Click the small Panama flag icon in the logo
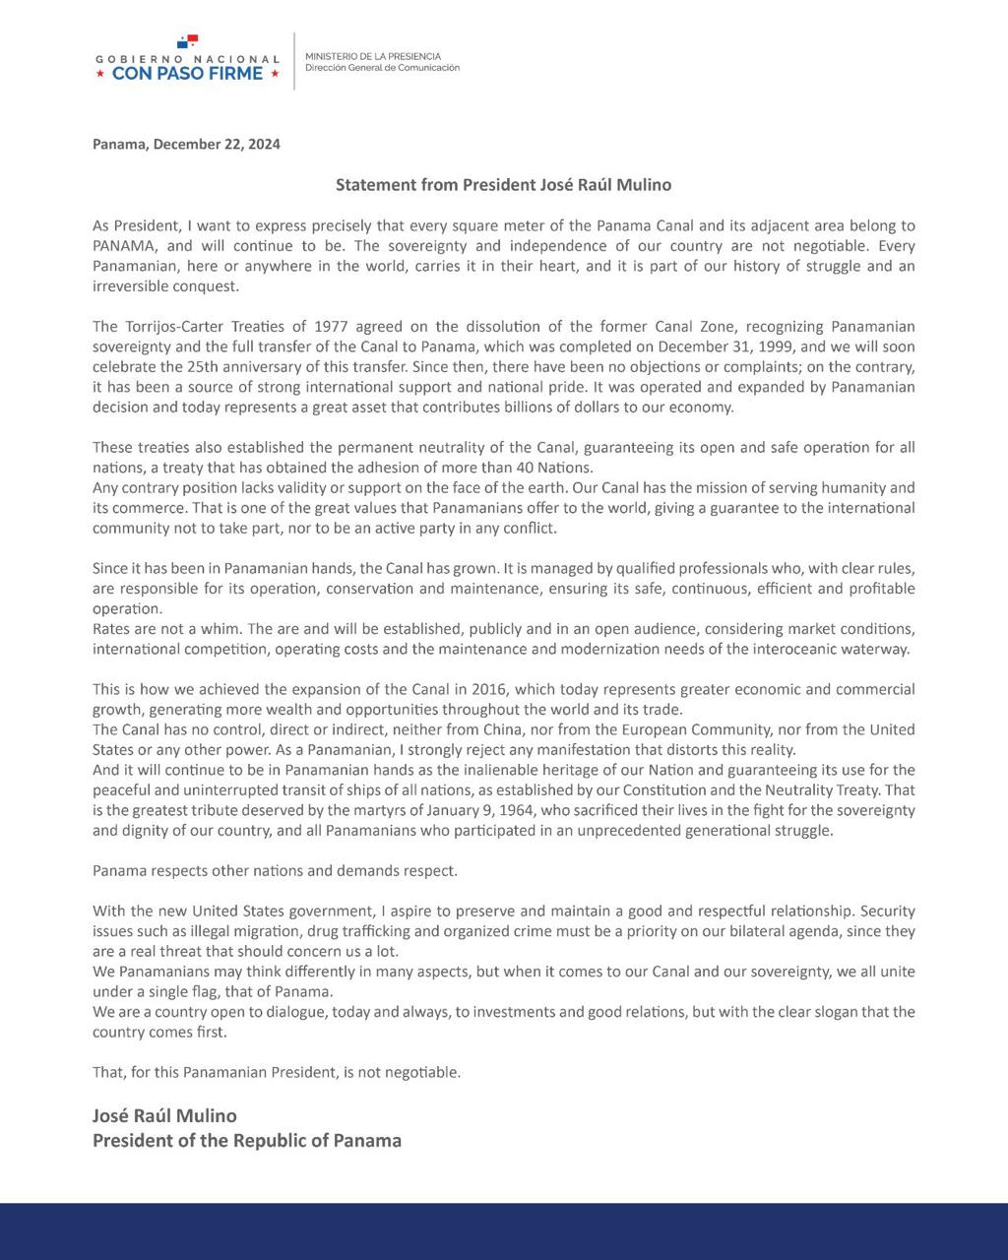tap(188, 41)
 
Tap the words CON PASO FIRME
tap(188, 73)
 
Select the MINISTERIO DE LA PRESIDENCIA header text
tap(373, 56)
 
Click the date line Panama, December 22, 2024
tap(186, 144)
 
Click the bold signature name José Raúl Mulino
tap(164, 1115)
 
